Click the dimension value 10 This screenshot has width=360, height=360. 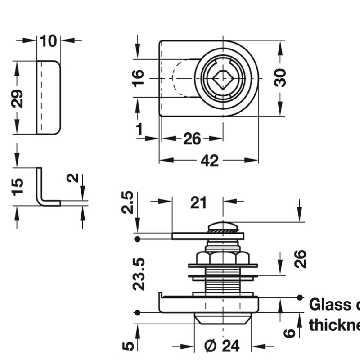(49, 41)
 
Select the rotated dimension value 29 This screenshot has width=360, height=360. (17, 98)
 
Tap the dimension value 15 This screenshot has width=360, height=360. (17, 186)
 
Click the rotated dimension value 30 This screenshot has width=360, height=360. (280, 77)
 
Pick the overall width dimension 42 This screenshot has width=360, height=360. (209, 161)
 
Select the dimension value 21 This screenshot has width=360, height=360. (198, 203)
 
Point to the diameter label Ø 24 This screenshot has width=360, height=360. (222, 346)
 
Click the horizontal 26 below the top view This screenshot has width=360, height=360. (192, 139)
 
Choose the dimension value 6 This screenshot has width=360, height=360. (291, 333)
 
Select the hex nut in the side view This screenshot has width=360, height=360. (222, 258)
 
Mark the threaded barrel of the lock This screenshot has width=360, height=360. (222, 283)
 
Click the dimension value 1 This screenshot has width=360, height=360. (139, 129)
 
